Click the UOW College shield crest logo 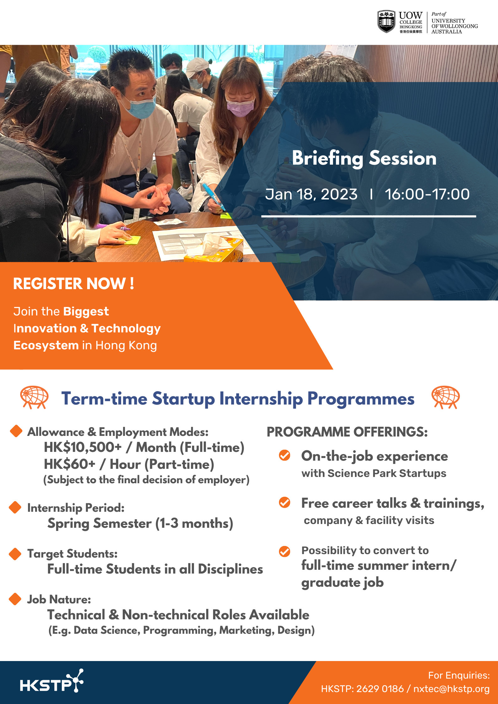pyautogui.click(x=386, y=21)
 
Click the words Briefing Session pyautogui.click(x=364, y=158)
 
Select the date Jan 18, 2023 pyautogui.click(x=311, y=194)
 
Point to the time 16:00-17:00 pyautogui.click(x=427, y=194)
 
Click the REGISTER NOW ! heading pyautogui.click(x=74, y=283)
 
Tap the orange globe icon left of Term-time pyautogui.click(x=34, y=397)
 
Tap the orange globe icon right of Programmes pyautogui.click(x=446, y=397)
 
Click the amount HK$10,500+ pyautogui.click(x=83, y=447)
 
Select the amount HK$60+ pyautogui.click(x=69, y=464)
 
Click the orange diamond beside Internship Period pyautogui.click(x=15, y=507)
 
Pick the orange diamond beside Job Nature pyautogui.click(x=15, y=599)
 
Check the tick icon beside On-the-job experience pyautogui.click(x=285, y=455)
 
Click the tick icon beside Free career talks pyautogui.click(x=285, y=502)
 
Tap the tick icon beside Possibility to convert pyautogui.click(x=285, y=551)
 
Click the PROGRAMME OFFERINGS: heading pyautogui.click(x=347, y=432)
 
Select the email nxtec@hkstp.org pyautogui.click(x=451, y=689)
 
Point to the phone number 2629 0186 pyautogui.click(x=380, y=689)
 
